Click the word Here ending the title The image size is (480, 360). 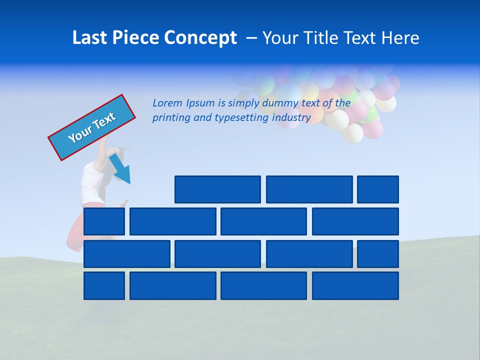click(400, 38)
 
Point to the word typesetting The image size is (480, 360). click(242, 118)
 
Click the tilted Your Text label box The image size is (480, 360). click(92, 127)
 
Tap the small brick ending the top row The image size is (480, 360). click(378, 189)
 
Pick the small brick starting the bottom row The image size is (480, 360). click(104, 285)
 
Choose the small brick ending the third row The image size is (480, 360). click(378, 253)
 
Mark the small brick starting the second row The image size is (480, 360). click(104, 221)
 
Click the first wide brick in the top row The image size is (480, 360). click(217, 189)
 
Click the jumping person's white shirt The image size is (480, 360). click(93, 182)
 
